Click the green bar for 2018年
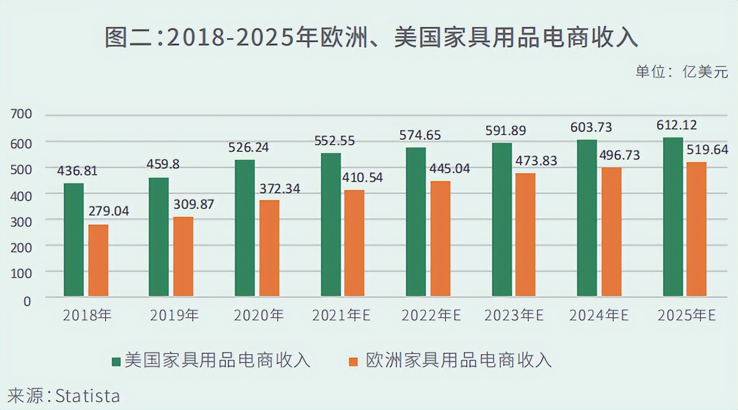point(74,240)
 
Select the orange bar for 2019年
point(183,256)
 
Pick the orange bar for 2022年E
point(441,239)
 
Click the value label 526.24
point(249,147)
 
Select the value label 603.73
point(591,127)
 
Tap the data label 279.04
point(108,212)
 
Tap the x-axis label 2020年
point(259,316)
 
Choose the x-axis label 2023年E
point(514,316)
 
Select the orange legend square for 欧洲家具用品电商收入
point(353,361)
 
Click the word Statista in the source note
point(88,397)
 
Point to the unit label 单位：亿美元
point(681,72)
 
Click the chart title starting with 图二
point(371,38)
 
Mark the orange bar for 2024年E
point(612,231)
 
